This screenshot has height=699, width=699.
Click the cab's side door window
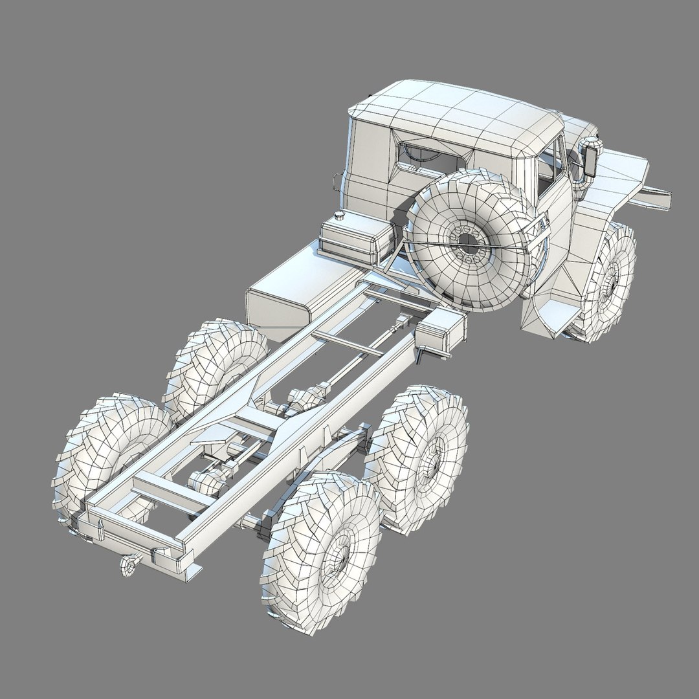549,162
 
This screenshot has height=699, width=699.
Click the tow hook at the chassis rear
127,566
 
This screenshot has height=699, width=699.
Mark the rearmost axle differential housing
205,482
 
